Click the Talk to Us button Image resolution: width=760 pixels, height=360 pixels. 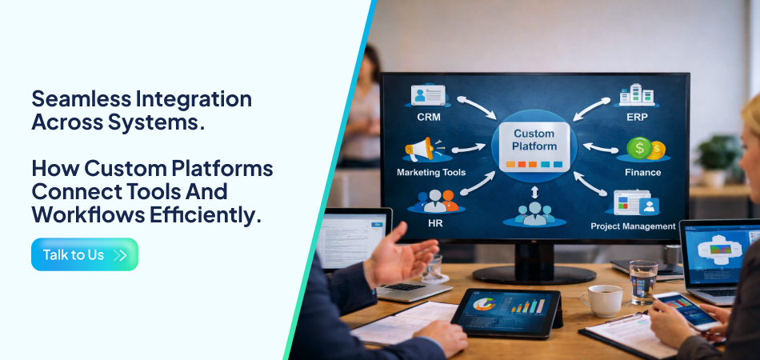(84, 254)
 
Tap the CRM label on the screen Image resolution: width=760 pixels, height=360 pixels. (428, 117)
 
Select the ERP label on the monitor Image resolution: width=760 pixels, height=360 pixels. (637, 117)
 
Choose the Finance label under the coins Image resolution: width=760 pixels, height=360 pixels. (643, 172)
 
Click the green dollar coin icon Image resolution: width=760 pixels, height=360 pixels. (639, 148)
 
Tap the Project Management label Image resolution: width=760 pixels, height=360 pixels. (633, 226)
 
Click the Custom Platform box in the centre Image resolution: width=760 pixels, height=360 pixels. (534, 145)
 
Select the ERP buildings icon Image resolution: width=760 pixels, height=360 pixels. (637, 95)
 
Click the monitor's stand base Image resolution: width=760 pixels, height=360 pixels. (534, 274)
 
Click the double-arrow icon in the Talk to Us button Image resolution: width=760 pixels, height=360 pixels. (121, 255)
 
